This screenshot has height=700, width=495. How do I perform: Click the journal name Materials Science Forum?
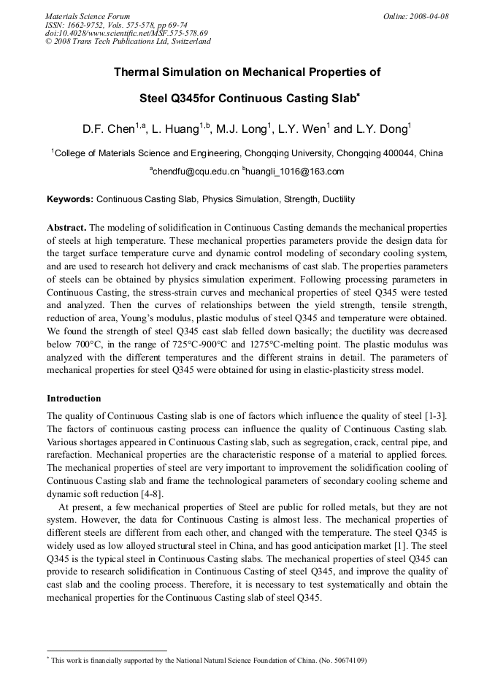tap(88, 16)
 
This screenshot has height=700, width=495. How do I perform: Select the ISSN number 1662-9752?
tap(90, 25)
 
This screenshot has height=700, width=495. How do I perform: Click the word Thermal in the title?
tap(138, 73)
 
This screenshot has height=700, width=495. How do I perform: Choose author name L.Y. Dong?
tap(383, 129)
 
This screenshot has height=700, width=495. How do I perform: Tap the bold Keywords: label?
tap(70, 199)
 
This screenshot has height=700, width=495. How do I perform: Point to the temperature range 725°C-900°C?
tap(232, 346)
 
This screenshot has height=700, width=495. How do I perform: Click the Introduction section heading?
tap(74, 399)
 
